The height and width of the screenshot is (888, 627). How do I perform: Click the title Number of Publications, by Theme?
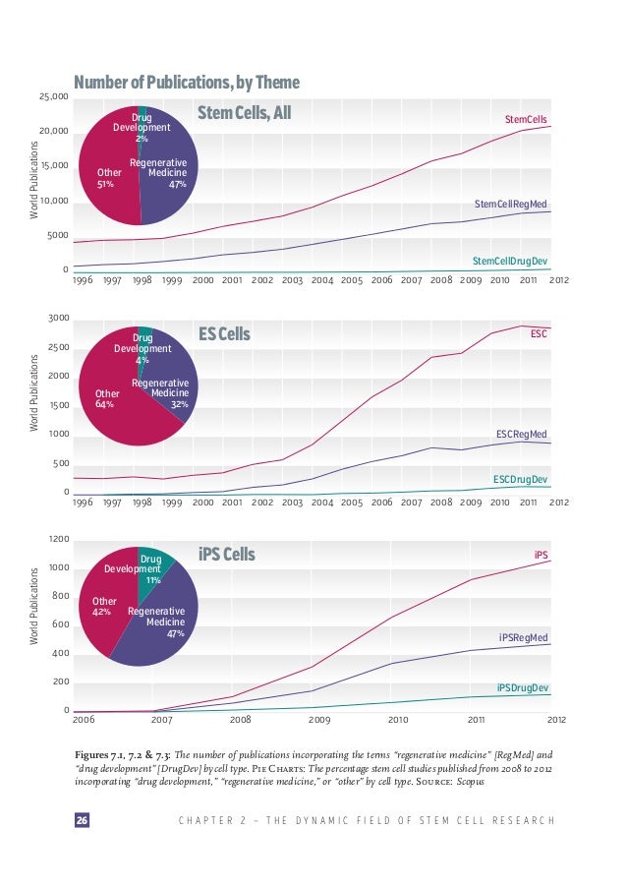tap(187, 82)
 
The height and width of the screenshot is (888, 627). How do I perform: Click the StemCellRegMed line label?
tap(510, 204)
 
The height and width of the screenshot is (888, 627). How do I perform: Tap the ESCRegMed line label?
tap(522, 434)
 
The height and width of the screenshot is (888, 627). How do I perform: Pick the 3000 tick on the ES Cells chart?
tap(58, 319)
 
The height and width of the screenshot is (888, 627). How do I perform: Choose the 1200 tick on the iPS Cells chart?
tap(58, 540)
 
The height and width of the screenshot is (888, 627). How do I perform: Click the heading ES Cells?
tap(224, 335)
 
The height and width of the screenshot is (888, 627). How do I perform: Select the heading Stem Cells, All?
tap(245, 113)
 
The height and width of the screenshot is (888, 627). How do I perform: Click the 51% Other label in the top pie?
tap(105, 177)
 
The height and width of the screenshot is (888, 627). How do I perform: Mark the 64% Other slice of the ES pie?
tap(105, 398)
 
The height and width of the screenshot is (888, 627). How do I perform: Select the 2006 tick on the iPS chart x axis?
tap(86, 720)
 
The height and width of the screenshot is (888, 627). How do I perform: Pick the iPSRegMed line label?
tap(523, 637)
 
